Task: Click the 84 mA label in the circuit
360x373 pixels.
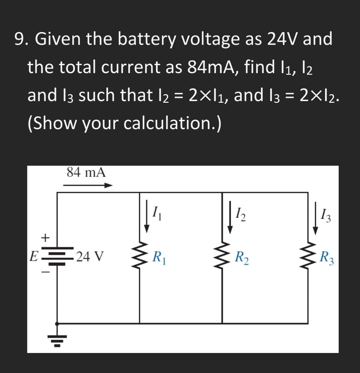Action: coord(86,173)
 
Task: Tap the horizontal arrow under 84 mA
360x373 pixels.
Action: coord(88,185)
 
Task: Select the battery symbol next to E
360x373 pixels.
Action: coord(58,256)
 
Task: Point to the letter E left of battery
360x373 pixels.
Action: coord(33,257)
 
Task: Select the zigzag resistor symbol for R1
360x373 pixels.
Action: coord(139,258)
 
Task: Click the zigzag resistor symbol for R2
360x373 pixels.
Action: coord(222,258)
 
